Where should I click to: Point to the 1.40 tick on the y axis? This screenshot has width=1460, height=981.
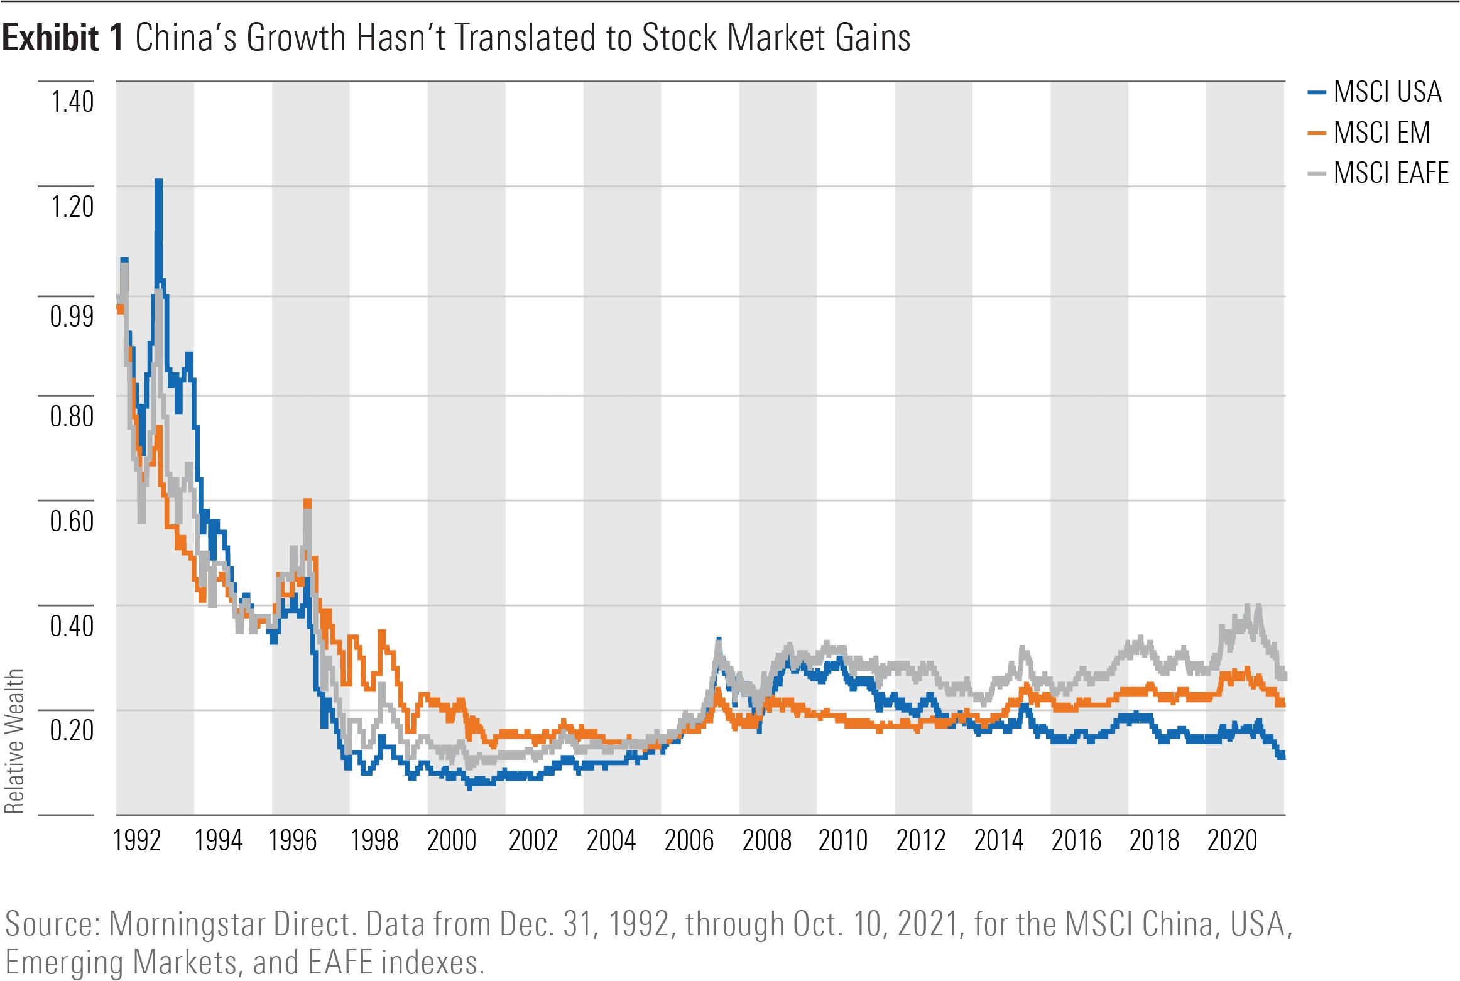[x=72, y=102]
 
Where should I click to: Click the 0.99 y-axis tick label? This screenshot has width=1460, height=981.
[x=72, y=316]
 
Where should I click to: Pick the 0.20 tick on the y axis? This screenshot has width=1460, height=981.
[x=72, y=730]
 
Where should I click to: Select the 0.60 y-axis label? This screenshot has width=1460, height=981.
[x=72, y=521]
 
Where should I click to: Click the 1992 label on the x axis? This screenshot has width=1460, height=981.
[x=137, y=840]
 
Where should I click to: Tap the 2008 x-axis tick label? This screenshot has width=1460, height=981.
[x=766, y=840]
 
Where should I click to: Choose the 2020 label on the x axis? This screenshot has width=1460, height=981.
[x=1231, y=840]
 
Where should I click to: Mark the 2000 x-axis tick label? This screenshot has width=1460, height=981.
[x=452, y=840]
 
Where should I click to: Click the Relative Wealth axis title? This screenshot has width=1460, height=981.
[x=14, y=741]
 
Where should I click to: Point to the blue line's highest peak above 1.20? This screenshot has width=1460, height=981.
[x=158, y=183]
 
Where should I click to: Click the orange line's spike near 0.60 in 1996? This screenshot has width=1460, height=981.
[x=307, y=502]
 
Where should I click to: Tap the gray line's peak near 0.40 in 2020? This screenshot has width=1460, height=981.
[x=1248, y=607]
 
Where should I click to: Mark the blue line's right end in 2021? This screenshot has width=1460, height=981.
[x=1281, y=756]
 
